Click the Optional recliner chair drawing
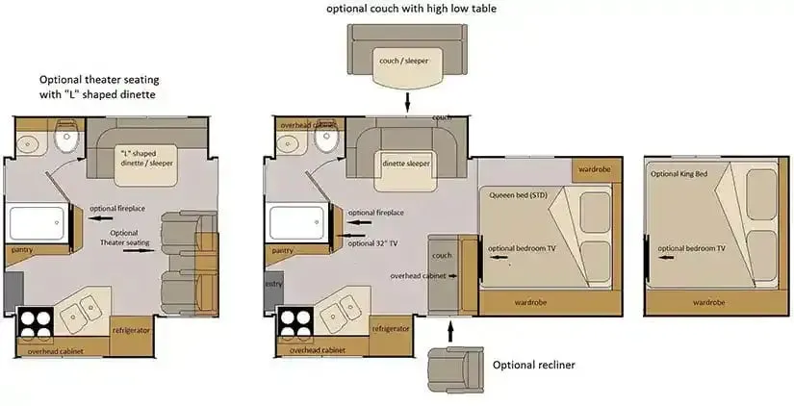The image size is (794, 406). pyautogui.click(x=455, y=370)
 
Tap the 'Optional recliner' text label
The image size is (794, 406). pyautogui.click(x=534, y=365)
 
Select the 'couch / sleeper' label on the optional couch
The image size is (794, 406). pyautogui.click(x=403, y=61)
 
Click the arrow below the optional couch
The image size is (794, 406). pyautogui.click(x=406, y=102)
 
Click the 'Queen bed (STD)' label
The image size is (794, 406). pyautogui.click(x=518, y=195)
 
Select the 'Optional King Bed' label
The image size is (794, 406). pyautogui.click(x=679, y=173)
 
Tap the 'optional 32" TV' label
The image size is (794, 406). pyautogui.click(x=372, y=243)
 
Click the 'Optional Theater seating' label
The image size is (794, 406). pyautogui.click(x=124, y=238)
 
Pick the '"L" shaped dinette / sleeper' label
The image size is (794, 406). pyautogui.click(x=146, y=159)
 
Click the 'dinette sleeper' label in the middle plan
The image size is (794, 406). pyautogui.click(x=406, y=164)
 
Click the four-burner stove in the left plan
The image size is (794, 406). pyautogui.click(x=36, y=323)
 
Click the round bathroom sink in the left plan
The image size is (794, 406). pyautogui.click(x=28, y=144)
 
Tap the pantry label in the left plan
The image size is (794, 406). pyautogui.click(x=22, y=249)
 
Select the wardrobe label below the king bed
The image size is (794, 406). pyautogui.click(x=708, y=303)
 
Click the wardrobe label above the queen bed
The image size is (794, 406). pyautogui.click(x=595, y=169)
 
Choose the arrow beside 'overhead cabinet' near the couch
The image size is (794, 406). pyautogui.click(x=452, y=276)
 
